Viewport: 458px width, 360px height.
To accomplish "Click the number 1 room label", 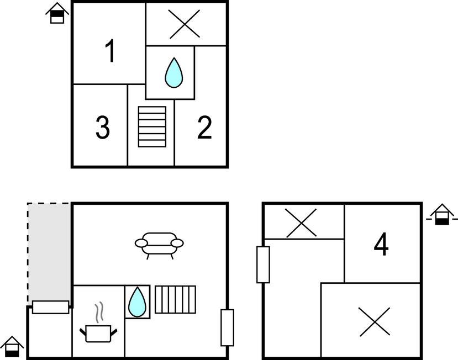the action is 110,51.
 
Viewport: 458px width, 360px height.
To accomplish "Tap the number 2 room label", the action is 204,128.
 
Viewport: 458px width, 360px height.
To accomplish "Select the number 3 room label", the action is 103,128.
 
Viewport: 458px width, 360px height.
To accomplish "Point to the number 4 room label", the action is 381,244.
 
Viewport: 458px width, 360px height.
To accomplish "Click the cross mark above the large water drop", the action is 185,24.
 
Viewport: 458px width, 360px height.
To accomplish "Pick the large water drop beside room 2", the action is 174,72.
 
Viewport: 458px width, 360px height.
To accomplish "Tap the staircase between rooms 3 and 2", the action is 152,126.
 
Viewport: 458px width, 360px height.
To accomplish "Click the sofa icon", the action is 159,246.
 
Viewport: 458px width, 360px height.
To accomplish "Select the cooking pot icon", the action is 98,333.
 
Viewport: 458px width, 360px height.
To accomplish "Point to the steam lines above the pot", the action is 99,313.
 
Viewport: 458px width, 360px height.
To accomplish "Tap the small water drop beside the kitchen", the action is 137,301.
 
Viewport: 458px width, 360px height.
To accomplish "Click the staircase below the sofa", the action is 175,300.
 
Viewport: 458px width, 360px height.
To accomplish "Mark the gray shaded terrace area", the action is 49,252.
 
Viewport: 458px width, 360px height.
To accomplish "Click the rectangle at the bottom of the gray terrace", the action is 50,307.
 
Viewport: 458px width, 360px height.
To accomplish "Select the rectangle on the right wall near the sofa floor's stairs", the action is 227,327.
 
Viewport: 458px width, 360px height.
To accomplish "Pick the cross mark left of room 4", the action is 301,223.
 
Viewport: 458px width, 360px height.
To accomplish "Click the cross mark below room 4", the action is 374,322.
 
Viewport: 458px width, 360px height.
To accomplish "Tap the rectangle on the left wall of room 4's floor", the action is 263,264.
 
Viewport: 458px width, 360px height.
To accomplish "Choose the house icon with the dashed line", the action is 442,215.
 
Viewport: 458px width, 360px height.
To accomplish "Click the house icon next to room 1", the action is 57,13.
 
